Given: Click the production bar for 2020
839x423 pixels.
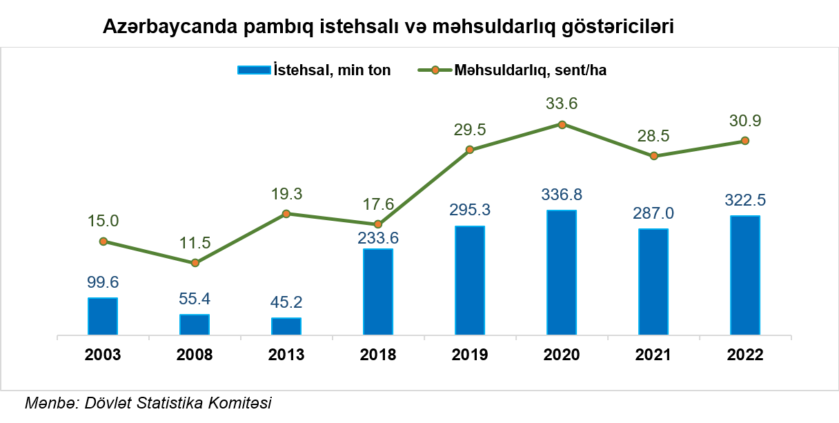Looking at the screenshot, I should click(x=562, y=273).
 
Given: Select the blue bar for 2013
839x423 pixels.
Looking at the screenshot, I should click(x=286, y=327).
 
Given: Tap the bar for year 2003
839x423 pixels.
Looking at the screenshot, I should click(x=103, y=317).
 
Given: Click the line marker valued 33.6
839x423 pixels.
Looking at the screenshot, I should click(x=562, y=125).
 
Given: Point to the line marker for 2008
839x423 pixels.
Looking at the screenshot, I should click(x=195, y=263).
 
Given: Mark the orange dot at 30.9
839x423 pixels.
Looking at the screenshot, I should click(x=745, y=141).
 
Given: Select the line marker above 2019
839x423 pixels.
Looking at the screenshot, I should click(x=470, y=150).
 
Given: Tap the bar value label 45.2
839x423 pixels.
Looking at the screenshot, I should click(x=286, y=302).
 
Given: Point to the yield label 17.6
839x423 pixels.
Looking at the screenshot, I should click(x=378, y=204).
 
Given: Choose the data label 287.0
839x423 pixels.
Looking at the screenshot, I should click(x=653, y=213).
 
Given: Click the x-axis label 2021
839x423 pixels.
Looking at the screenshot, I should click(x=653, y=355).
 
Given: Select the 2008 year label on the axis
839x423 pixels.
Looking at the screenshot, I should click(x=195, y=355).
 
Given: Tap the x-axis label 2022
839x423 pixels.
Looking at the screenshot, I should click(x=745, y=355).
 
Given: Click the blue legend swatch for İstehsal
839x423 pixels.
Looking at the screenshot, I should click(x=253, y=70).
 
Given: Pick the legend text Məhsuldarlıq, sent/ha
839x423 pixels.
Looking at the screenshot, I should click(x=530, y=70).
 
